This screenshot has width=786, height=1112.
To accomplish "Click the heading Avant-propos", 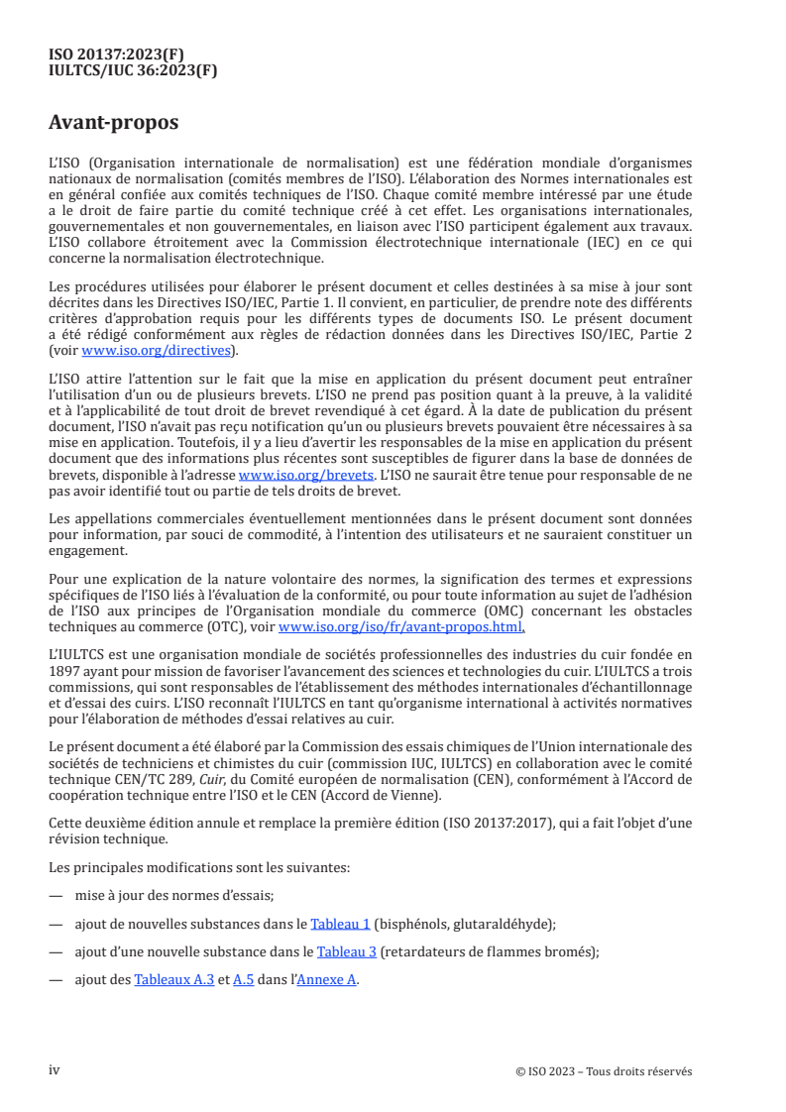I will tap(114, 124).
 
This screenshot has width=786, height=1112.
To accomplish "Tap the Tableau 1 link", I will tap(340, 924).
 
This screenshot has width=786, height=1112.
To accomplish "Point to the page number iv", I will tap(56, 1070).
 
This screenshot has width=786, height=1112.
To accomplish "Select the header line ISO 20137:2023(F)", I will tap(116, 55).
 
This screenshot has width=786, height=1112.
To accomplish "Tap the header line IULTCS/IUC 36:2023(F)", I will tap(133, 70).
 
